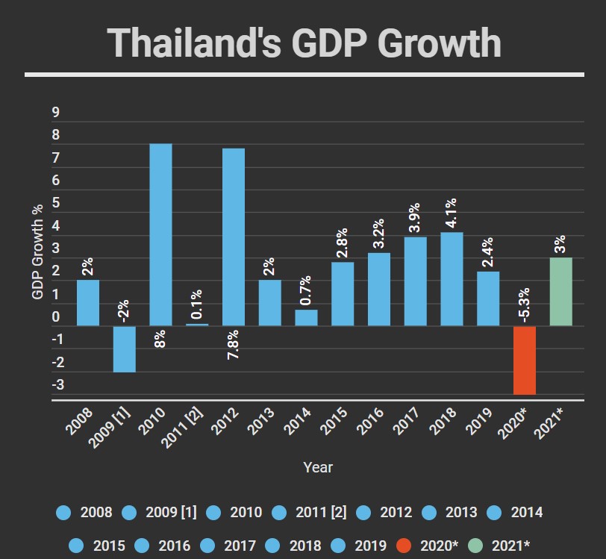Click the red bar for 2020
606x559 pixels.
click(x=525, y=360)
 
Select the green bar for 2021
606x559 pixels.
click(x=561, y=292)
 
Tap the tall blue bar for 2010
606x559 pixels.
click(x=160, y=234)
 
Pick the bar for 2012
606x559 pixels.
click(x=234, y=237)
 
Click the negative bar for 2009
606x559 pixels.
click(x=124, y=349)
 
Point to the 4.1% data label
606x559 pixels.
click(x=452, y=213)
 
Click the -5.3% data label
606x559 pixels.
click(x=525, y=305)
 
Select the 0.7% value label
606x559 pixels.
click(x=306, y=290)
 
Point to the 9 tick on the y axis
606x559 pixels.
click(x=55, y=113)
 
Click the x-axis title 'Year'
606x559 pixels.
click(x=318, y=468)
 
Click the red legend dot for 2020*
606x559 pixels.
click(x=405, y=546)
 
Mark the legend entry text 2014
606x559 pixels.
click(x=527, y=513)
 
